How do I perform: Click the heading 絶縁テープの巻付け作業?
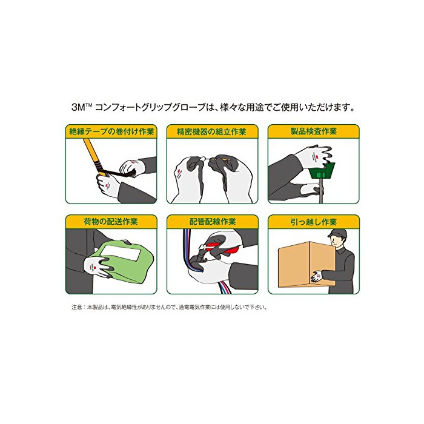click(111, 131)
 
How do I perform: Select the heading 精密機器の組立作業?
click(212, 131)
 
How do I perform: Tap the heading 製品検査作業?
click(314, 131)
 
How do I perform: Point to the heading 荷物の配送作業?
click(111, 222)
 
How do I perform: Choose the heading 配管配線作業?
click(213, 222)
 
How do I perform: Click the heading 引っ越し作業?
click(314, 222)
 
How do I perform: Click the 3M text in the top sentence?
click(78, 107)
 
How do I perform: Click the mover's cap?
click(337, 233)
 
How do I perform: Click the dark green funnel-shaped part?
click(322, 170)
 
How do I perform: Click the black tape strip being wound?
click(119, 173)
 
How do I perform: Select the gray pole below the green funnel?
click(320, 191)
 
